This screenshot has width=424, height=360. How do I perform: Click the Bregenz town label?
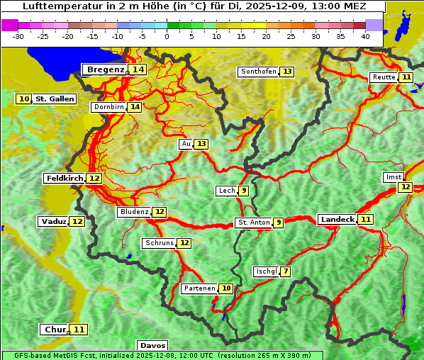[105, 69]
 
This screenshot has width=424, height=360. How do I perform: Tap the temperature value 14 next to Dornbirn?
[134, 107]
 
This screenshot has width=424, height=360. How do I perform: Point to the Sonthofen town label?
[258, 72]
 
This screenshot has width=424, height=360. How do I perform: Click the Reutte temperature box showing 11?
[406, 77]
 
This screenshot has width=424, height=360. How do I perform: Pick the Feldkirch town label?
[64, 179]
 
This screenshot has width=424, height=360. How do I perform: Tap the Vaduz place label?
[53, 222]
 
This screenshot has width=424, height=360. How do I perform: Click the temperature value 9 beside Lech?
[244, 191]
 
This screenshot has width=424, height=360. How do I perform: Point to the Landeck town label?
[337, 220]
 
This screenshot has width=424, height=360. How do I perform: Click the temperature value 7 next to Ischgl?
[285, 271]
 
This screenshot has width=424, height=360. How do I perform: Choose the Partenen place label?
[199, 288]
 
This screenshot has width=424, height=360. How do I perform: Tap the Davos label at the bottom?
[152, 346]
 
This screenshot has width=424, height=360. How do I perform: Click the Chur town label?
[55, 330]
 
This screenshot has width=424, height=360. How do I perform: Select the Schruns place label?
[159, 243]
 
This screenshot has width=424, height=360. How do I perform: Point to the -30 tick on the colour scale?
[18, 35]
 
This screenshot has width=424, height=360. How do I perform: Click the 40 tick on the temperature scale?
[365, 35]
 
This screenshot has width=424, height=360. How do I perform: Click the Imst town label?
[392, 176]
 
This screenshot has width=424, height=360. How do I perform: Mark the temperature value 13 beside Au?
[202, 144]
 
